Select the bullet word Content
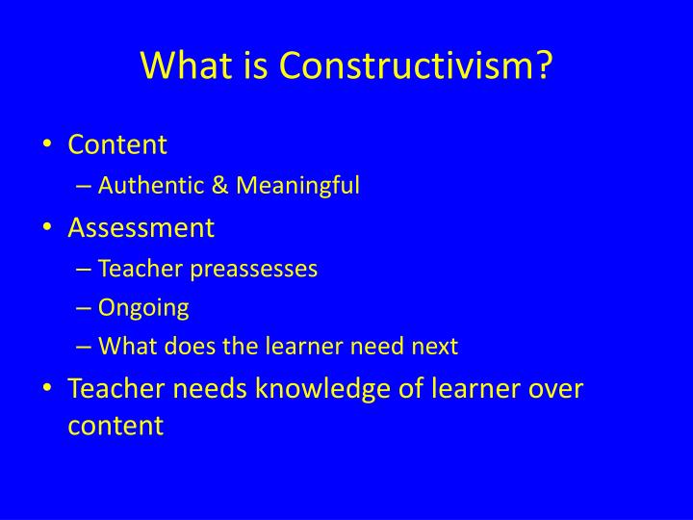coord(117,144)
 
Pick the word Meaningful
coord(292,186)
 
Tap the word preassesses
coord(254,269)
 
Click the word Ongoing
coord(144,307)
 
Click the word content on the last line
coord(116,426)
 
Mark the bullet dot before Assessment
coord(49,228)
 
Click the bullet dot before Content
coord(49,145)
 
